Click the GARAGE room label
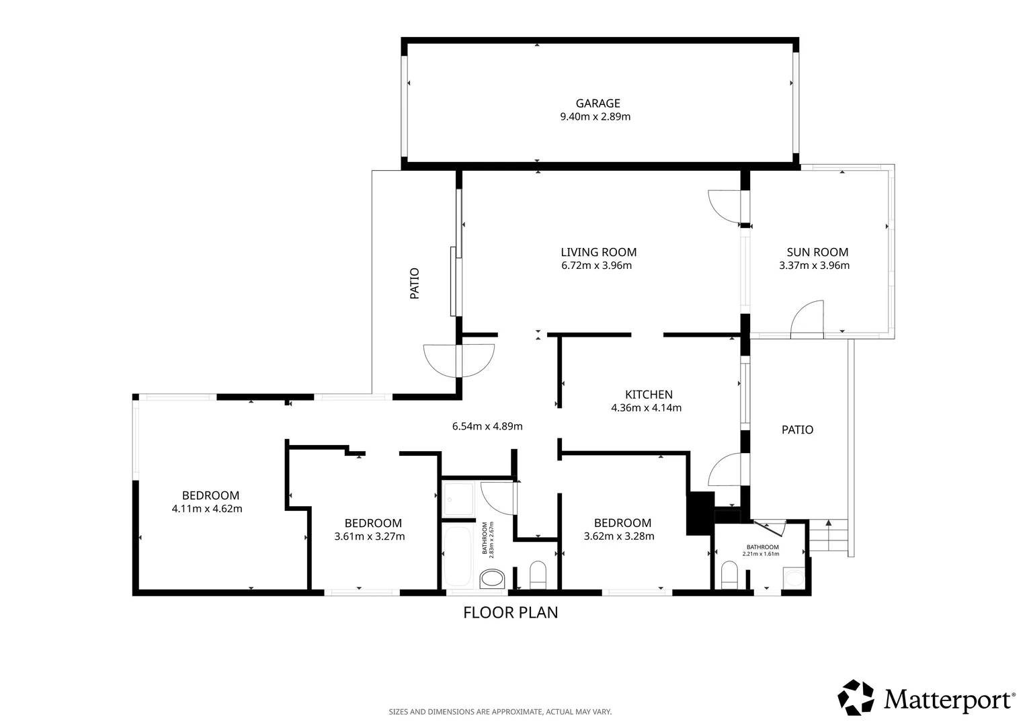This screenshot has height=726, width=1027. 598,104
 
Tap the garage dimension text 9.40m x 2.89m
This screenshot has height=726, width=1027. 595,116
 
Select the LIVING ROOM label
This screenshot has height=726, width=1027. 598,252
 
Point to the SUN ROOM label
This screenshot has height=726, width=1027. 817,252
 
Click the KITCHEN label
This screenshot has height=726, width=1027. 649,395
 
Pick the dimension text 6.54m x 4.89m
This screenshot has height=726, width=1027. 487,426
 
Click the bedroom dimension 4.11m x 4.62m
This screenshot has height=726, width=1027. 207,509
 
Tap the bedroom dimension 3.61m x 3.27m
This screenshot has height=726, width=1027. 370,536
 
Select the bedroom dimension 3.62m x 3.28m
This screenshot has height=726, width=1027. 619,536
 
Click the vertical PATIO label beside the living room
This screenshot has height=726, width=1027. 415,284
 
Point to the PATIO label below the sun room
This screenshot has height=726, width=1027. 797,430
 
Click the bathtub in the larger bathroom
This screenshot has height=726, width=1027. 458,557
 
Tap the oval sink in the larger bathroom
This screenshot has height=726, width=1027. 492,579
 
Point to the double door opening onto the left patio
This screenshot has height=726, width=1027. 459,360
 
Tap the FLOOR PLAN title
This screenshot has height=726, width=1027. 510,612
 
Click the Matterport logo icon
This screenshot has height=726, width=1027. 856,697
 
